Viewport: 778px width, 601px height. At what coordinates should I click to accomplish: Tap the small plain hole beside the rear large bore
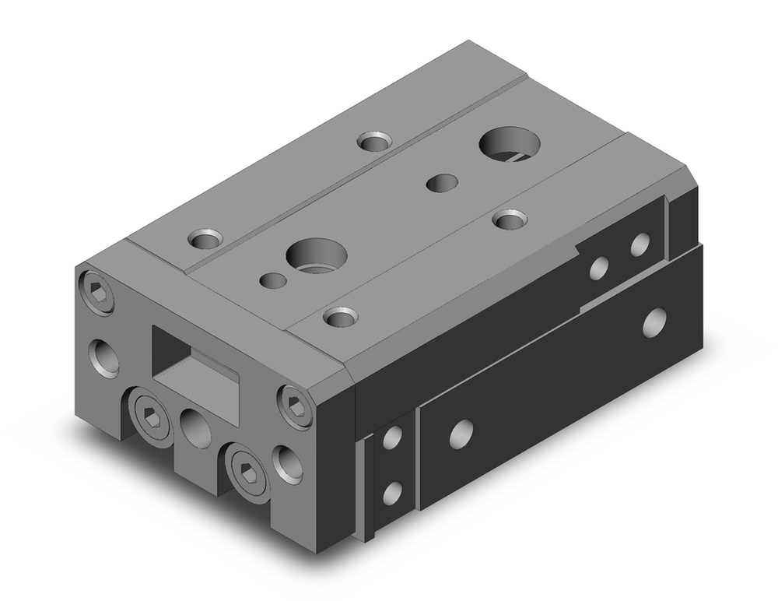pyautogui.click(x=441, y=183)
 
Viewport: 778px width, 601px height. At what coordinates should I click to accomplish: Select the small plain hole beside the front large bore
pyautogui.click(x=272, y=279)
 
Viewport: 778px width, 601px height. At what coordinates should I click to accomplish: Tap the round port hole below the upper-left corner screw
pyautogui.click(x=103, y=356)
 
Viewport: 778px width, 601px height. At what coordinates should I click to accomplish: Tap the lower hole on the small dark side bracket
pyautogui.click(x=392, y=492)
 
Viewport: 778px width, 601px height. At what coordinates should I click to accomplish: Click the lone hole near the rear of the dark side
pyautogui.click(x=655, y=320)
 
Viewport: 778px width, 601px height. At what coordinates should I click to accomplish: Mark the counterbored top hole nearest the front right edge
pyautogui.click(x=510, y=220)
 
